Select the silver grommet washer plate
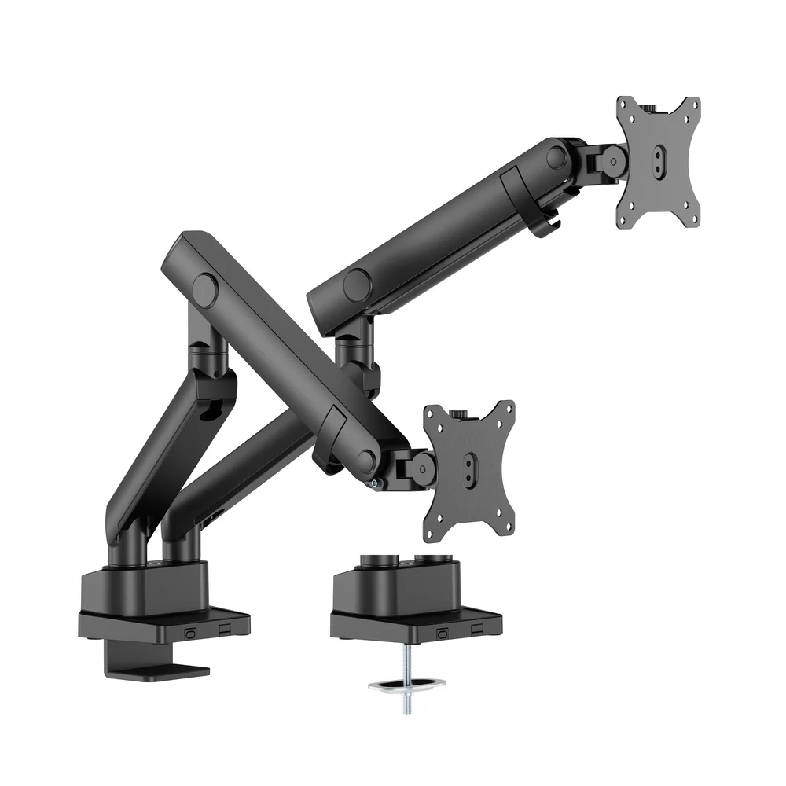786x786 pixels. click(406, 685)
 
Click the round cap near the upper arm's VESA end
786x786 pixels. click(556, 156)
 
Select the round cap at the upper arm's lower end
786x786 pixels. click(358, 285)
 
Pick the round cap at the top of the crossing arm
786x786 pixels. click(205, 290)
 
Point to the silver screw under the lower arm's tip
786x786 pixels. click(376, 483)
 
